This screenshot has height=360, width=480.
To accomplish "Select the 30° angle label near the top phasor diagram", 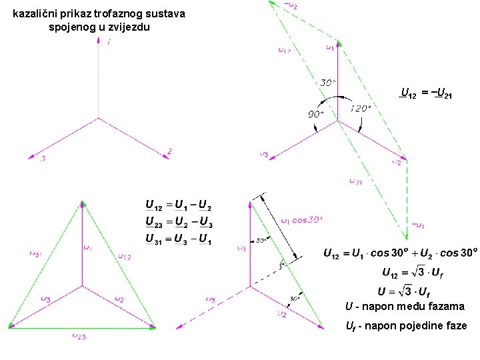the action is [x=327, y=83].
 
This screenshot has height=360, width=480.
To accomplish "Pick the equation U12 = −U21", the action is [x=426, y=94].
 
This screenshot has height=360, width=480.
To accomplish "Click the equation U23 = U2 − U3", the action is [x=179, y=221].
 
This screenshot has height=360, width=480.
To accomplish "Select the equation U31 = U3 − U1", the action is [x=179, y=239].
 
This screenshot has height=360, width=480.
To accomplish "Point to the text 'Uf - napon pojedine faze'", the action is [x=406, y=326].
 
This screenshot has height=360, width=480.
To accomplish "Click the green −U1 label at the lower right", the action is [x=419, y=225].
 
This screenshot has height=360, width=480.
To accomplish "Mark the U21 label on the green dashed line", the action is [x=356, y=181].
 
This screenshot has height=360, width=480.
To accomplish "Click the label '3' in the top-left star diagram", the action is [x=42, y=159].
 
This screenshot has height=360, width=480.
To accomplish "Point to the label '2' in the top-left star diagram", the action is [x=170, y=152].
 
